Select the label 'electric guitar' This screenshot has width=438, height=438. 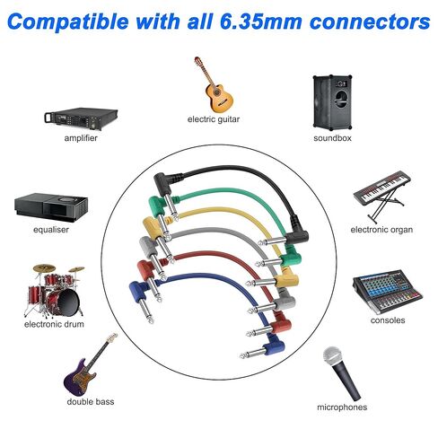(x=214, y=119)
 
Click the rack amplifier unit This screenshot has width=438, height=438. (x=81, y=118)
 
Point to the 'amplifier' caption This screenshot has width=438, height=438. (x=81, y=138)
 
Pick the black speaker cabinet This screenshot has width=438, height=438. (x=332, y=102)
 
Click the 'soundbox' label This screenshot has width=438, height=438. (x=332, y=138)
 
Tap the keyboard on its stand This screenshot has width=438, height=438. (x=382, y=196)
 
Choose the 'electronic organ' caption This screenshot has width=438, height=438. (x=381, y=230)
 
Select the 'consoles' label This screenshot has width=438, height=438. (x=388, y=320)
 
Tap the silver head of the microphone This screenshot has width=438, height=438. (x=332, y=356)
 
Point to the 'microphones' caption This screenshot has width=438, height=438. (x=342, y=407)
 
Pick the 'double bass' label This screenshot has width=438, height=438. (x=91, y=401)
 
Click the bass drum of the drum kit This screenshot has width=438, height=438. (x=64, y=302)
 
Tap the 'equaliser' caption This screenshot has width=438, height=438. (x=51, y=230)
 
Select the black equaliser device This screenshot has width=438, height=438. (x=51, y=207)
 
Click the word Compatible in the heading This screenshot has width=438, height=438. (x=67, y=22)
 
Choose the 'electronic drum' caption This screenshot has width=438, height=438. (x=54, y=324)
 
